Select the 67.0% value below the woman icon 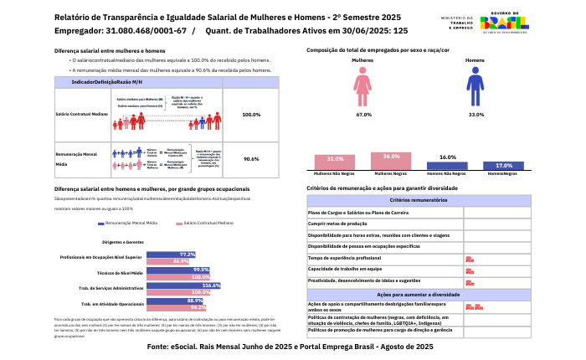pyautogui.click(x=363, y=114)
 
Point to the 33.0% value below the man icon pyautogui.click(x=475, y=114)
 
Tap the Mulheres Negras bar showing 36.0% pyautogui.click(x=391, y=162)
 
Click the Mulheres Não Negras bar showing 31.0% pyautogui.click(x=335, y=163)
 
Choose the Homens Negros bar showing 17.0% pyautogui.click(x=504, y=166)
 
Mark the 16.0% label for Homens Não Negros pyautogui.click(x=448, y=157)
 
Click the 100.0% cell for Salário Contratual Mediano pyautogui.click(x=251, y=115)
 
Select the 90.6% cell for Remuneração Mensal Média pyautogui.click(x=251, y=158)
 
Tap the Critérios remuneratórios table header pyautogui.click(x=418, y=200)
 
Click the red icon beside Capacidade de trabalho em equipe pyautogui.click(x=470, y=270)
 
